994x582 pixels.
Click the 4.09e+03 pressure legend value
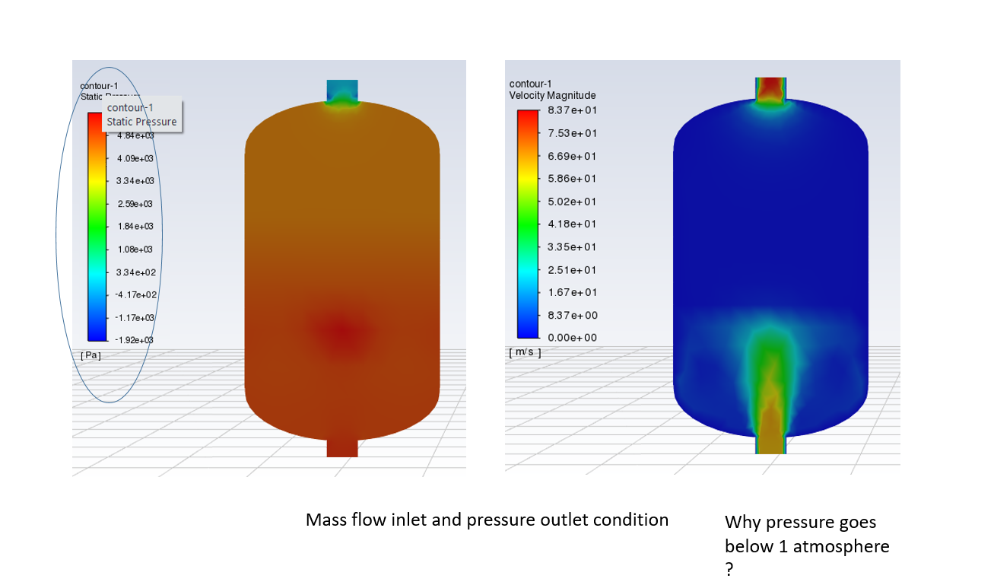[135, 158]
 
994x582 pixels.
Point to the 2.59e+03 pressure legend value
[135, 204]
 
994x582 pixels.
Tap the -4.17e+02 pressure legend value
[135, 294]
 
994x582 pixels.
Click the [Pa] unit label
[91, 355]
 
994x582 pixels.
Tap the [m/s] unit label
[525, 352]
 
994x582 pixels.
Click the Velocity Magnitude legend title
[552, 95]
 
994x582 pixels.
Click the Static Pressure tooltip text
[141, 122]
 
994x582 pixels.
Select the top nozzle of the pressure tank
[342, 92]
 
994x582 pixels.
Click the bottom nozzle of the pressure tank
[342, 447]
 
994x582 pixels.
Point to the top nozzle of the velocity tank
[770, 88]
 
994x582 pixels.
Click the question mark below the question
[729, 570]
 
